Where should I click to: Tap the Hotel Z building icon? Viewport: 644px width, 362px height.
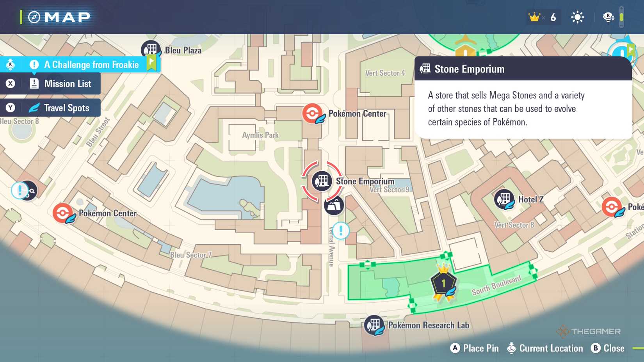[504, 199]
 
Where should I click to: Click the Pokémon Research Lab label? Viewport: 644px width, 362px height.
[428, 325]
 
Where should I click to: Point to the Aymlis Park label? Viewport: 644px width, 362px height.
[260, 135]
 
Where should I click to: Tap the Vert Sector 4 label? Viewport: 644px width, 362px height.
[385, 73]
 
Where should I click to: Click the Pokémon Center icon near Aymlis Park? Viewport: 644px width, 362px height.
[313, 114]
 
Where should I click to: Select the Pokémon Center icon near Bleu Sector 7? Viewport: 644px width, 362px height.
[63, 213]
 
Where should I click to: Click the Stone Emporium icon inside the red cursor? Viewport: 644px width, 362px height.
[322, 181]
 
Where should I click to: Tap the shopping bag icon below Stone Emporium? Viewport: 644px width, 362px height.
[334, 205]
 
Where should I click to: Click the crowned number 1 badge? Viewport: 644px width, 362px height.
[444, 283]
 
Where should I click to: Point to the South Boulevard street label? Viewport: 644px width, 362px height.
[496, 285]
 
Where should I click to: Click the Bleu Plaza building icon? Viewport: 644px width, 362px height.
[151, 50]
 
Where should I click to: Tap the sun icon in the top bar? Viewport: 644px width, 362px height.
[577, 17]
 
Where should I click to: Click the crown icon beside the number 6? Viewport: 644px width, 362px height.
[534, 17]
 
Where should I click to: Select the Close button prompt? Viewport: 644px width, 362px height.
[608, 348]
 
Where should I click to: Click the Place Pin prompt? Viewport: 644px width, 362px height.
[475, 348]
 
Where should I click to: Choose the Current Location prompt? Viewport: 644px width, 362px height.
[545, 348]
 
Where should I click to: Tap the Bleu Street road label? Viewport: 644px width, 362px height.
[98, 132]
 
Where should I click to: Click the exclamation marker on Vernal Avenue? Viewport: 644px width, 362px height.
[341, 231]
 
